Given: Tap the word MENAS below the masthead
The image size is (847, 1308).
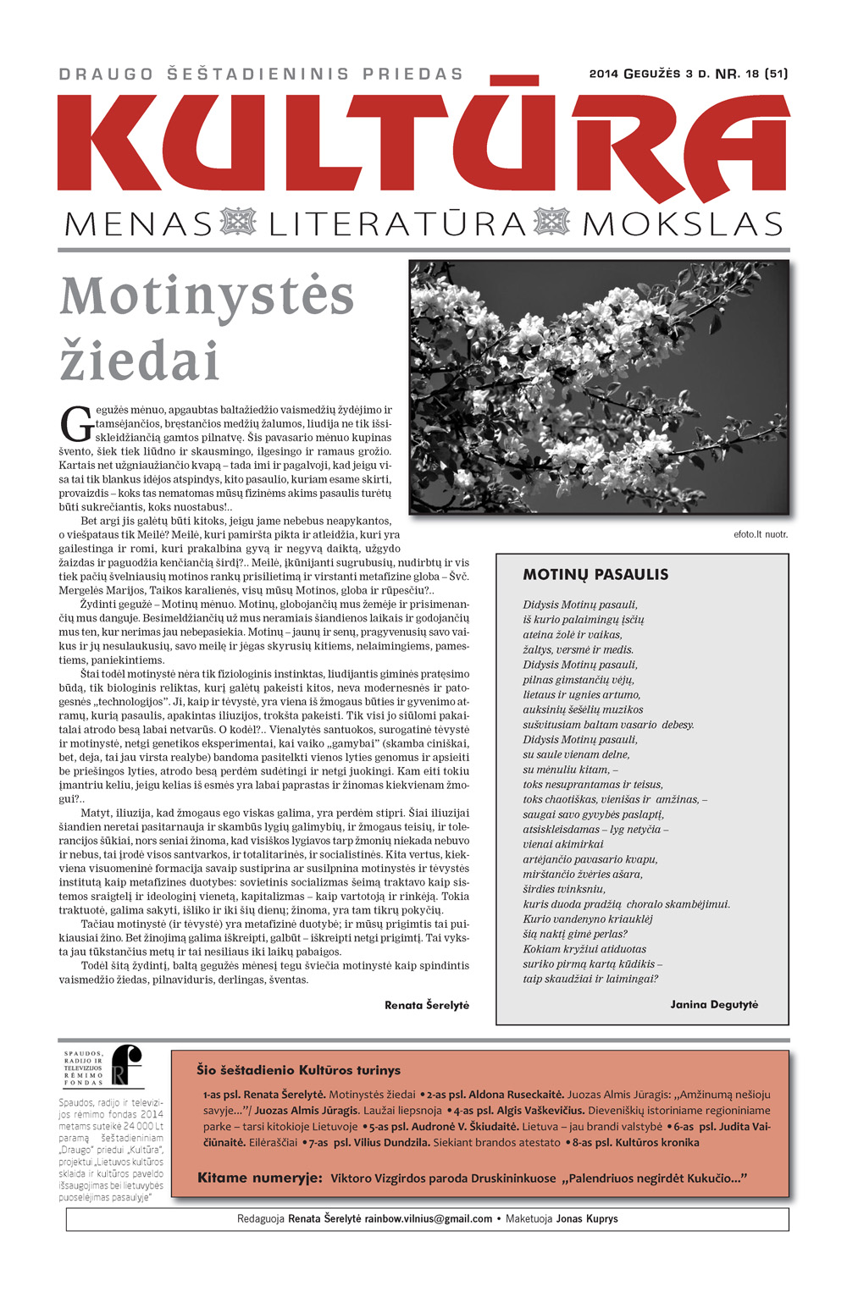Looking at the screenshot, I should (x=139, y=224).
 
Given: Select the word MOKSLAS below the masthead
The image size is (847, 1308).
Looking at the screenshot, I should (x=683, y=224).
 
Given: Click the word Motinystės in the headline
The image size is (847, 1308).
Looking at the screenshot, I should (x=208, y=296).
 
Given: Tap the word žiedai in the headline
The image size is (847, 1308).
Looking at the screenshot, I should (x=140, y=360).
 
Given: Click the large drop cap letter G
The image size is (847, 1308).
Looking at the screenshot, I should (x=76, y=424).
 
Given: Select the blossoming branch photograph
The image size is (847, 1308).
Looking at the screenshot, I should (x=599, y=387).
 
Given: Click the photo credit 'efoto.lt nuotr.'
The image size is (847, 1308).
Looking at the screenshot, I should (x=761, y=534).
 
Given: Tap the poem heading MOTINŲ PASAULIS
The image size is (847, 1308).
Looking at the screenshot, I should (x=595, y=575).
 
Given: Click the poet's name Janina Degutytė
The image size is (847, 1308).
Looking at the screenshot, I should (x=714, y=1005).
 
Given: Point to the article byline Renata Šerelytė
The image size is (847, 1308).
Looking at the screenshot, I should (x=427, y=1005).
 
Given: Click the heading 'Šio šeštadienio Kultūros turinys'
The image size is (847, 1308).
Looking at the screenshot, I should (x=299, y=1070).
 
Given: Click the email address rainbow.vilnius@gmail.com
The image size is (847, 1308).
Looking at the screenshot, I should (x=429, y=1219).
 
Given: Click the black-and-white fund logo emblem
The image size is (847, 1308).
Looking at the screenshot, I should (x=128, y=1065).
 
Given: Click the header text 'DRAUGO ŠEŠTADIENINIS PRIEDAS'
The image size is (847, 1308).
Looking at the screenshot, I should (x=261, y=75).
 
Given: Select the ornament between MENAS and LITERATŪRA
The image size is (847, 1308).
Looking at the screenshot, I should (x=238, y=223).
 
